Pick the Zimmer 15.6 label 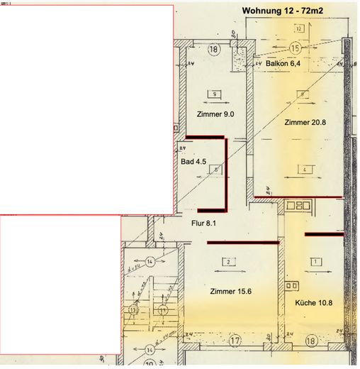[x=230, y=292]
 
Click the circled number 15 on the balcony [x=296, y=47]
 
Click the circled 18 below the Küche [x=311, y=341]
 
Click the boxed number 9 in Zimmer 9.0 [x=213, y=93]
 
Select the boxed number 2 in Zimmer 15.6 [x=229, y=262]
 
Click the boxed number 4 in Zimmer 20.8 [x=302, y=170]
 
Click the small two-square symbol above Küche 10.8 [x=291, y=285]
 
